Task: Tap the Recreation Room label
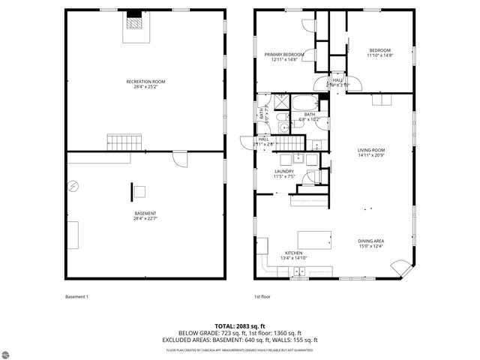145,83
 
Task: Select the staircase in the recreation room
123,142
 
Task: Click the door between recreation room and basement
179,159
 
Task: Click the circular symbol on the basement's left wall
73,186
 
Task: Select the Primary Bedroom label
283,56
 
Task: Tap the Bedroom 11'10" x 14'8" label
380,52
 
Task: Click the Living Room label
370,152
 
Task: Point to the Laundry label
283,173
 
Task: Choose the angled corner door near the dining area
403,268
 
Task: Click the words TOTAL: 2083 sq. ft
239,325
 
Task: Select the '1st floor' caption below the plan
261,296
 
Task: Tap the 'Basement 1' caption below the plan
76,296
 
